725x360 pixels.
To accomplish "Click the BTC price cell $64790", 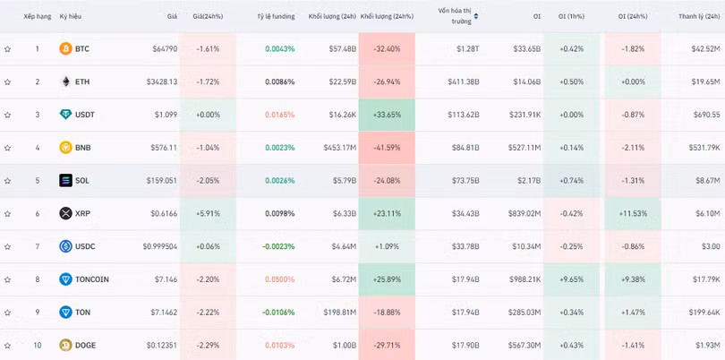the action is coord(165,48).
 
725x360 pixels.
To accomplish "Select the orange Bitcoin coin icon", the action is coord(65,48).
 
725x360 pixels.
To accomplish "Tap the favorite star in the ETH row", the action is coord(7,81).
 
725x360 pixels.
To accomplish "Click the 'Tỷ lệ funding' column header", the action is coord(276,16).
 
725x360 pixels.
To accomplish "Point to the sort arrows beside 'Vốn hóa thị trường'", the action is coord(476,17).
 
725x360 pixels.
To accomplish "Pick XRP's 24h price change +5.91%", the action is coord(208,213).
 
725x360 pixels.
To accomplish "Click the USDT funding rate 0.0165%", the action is coord(280,115).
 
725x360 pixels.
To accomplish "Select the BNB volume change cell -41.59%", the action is coord(387,148).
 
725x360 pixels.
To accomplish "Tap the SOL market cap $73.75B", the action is coord(465,181).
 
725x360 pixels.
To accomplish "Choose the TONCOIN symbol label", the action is coord(92,279).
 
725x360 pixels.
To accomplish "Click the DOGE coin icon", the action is coord(65,345).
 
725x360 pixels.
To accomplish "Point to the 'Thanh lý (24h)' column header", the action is coord(699,16).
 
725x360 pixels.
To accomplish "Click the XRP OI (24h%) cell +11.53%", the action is coord(633,213).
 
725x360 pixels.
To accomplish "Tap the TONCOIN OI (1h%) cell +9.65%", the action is coord(571,279).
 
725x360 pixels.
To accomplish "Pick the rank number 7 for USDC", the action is coord(38,246).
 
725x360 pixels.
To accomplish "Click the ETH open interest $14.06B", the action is coord(526,81).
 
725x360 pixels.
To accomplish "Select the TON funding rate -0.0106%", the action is coord(278,313).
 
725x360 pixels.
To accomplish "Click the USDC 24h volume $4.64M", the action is coord(344,246).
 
